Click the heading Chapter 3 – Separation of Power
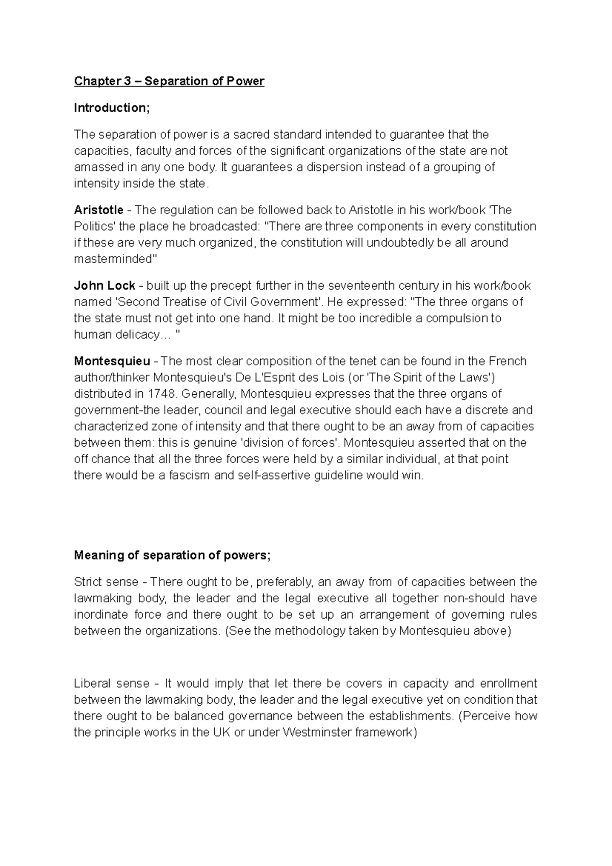169,81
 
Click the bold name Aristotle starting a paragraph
98,210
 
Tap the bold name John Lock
105,286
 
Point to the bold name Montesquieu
112,361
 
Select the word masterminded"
116,259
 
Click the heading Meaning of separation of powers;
172,555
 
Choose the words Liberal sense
112,683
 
